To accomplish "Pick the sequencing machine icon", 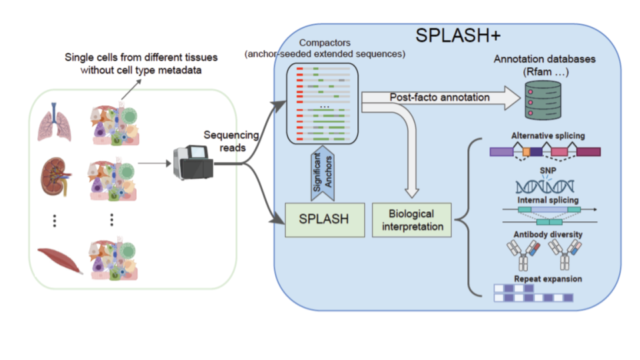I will [x=191, y=162].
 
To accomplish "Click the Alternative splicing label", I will [x=547, y=136].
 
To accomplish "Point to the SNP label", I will [x=547, y=169].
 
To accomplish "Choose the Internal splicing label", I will [x=547, y=199].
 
